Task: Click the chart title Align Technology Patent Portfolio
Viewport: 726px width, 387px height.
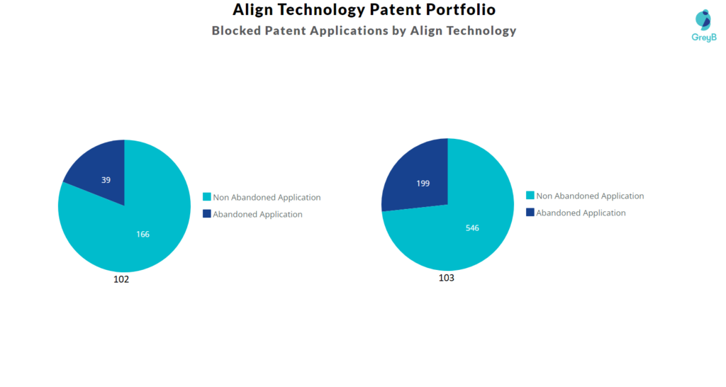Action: click(x=364, y=10)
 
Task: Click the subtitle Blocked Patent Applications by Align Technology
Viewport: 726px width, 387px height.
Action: click(x=364, y=30)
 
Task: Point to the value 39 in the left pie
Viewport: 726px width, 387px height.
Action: click(x=106, y=180)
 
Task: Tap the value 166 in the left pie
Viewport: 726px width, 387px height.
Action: click(x=143, y=234)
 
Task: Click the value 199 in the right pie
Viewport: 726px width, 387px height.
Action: click(x=423, y=184)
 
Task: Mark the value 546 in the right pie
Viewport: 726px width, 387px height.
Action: click(x=472, y=228)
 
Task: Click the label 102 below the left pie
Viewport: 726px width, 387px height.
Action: click(x=121, y=279)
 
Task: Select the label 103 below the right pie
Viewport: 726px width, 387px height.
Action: click(x=446, y=278)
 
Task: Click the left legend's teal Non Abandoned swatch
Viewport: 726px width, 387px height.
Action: click(x=207, y=197)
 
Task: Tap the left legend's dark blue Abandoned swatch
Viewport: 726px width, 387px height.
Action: click(x=207, y=214)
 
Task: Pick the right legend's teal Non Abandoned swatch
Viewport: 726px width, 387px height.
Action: click(x=530, y=196)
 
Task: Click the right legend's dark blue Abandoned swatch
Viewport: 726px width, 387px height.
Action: click(x=530, y=213)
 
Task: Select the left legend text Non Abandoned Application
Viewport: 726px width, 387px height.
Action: click(x=267, y=198)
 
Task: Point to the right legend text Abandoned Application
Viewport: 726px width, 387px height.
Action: click(x=581, y=213)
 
